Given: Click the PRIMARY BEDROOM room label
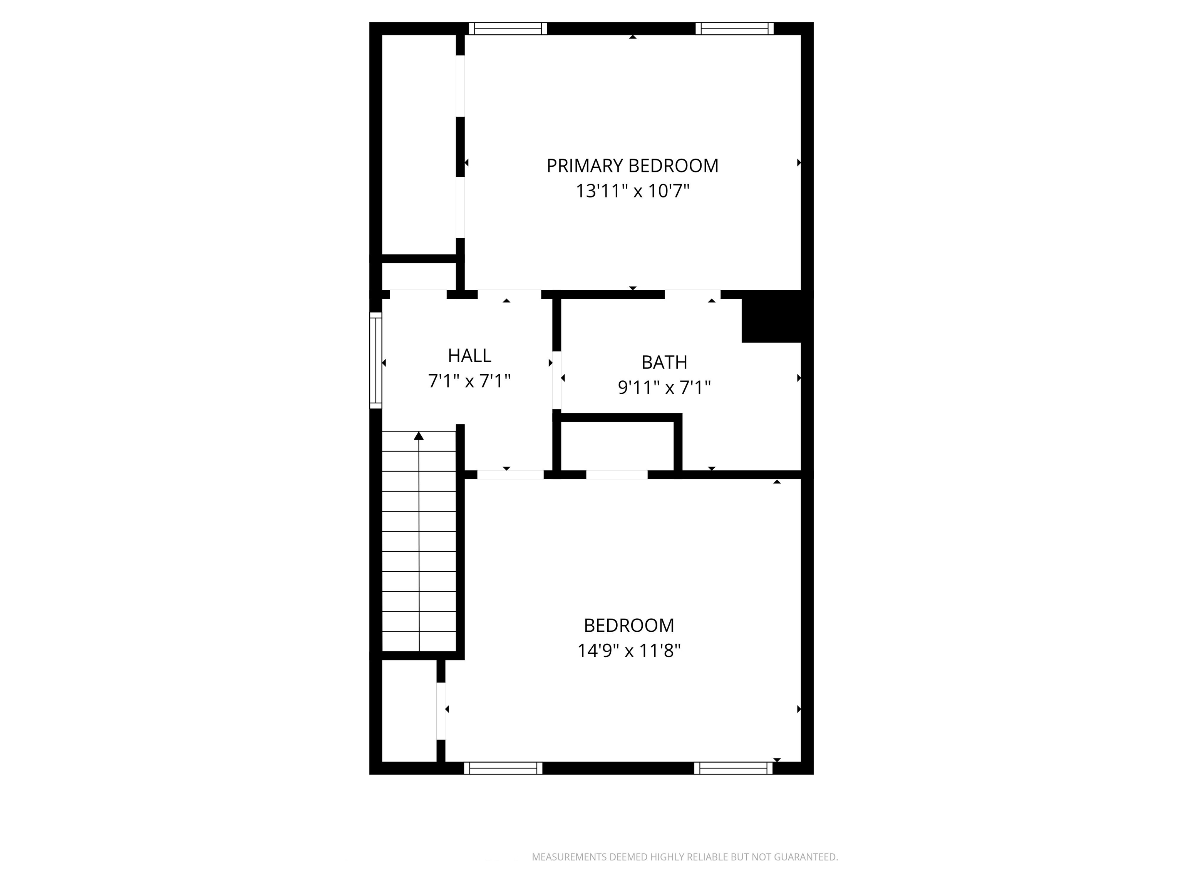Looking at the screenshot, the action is [632, 166].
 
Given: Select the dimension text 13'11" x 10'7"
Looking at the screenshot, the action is [632, 191].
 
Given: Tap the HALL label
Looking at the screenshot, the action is [469, 356].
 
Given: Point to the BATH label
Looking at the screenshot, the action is [664, 363].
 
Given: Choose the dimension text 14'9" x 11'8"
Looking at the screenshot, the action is [629, 651].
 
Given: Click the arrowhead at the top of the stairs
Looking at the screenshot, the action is [419, 436].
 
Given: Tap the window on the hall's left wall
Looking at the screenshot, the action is [376, 360].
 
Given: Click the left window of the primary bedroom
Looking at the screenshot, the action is [508, 28].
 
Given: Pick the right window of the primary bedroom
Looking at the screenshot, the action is [734, 28].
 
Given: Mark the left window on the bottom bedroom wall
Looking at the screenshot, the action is [503, 768].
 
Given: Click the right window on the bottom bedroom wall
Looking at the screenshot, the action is [734, 768].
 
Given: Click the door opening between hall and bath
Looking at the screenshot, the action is [557, 380].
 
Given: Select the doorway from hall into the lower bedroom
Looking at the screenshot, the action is [511, 475].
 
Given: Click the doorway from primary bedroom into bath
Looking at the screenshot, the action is [692, 295].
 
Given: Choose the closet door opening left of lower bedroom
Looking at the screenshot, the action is [441, 711].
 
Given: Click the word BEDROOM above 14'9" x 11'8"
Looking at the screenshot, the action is [629, 626].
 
